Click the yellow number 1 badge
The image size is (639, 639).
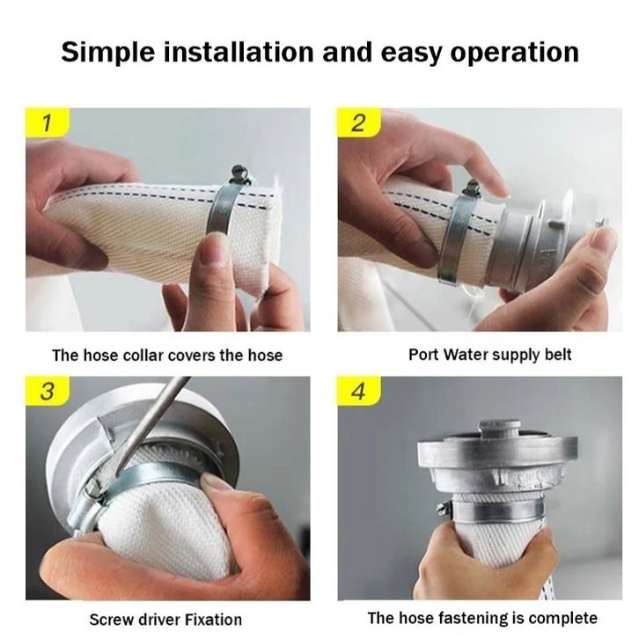[x=48, y=122]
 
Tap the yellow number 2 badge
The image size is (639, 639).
[x=359, y=122]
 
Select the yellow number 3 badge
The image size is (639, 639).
[x=48, y=391]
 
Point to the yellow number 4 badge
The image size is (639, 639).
[x=359, y=391]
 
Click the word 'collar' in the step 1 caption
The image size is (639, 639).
[x=143, y=356]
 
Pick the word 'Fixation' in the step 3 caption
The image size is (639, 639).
[x=213, y=620]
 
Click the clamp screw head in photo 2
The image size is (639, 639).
[x=472, y=188]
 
